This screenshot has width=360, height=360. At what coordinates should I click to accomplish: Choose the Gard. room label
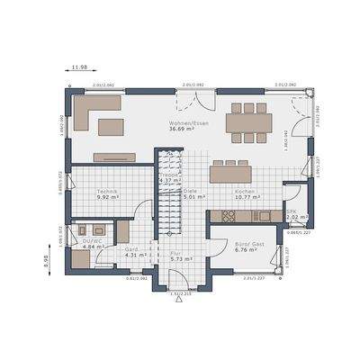point(131,248)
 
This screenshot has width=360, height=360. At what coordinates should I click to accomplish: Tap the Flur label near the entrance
point(175,254)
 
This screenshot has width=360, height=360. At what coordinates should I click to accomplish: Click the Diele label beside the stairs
point(190,192)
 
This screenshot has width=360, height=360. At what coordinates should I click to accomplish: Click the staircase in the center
point(167,193)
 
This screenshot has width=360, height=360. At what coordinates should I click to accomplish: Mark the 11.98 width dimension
point(78,67)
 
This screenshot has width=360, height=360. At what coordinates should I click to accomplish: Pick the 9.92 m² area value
point(109,199)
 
